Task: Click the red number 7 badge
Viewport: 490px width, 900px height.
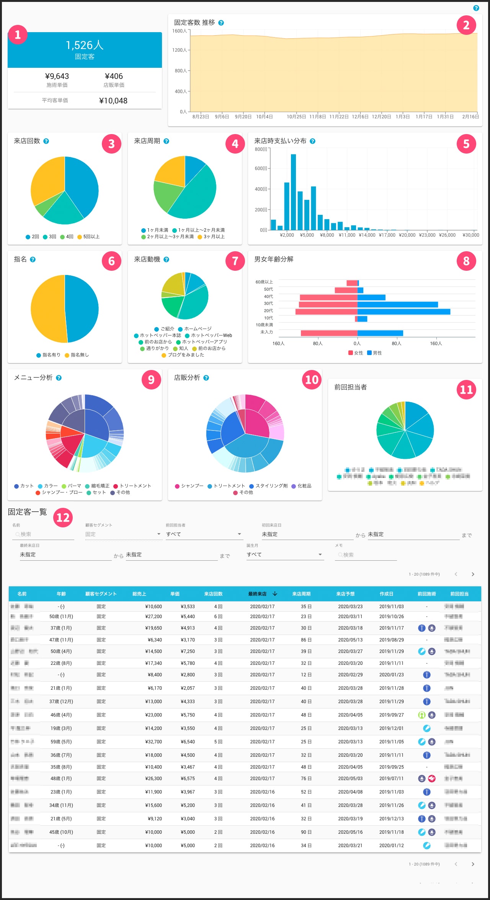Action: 235,261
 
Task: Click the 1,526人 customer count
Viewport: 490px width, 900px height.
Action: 85,45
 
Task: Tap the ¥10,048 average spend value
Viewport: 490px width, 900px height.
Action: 113,101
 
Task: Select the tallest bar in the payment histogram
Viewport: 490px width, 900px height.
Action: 293,191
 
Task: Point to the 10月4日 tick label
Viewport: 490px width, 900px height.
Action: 264,117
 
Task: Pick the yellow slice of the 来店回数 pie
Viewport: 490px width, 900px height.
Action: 46,180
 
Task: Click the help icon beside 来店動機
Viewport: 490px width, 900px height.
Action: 166,259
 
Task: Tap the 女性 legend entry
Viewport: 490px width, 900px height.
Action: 356,353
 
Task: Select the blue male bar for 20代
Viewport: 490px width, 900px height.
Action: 403,312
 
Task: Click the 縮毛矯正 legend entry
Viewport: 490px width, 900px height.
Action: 97,486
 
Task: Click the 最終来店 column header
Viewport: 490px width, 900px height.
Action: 257,594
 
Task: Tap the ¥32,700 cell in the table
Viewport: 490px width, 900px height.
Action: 154,742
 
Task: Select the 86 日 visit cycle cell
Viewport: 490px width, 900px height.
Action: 306,640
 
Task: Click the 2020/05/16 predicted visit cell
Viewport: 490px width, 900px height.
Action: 350,832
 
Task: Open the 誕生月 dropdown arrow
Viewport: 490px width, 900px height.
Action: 320,555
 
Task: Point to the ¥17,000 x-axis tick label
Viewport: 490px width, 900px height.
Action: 387,235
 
